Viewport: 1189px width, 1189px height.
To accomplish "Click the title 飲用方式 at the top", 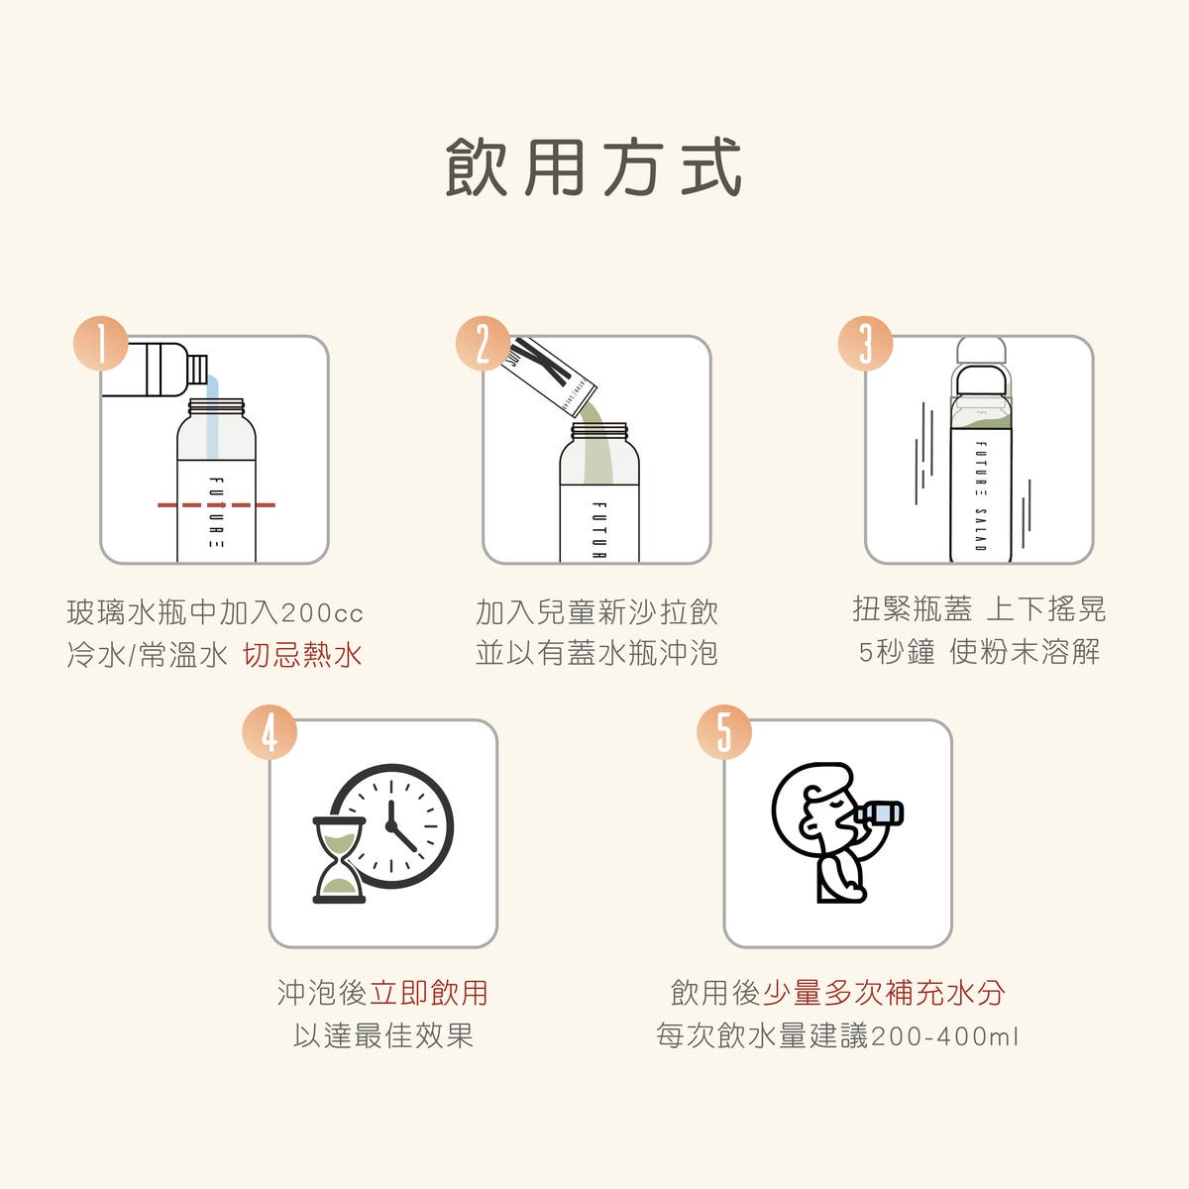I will (594, 167).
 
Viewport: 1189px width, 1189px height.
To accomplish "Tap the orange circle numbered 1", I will (100, 345).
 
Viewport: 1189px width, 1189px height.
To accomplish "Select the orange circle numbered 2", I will (483, 345).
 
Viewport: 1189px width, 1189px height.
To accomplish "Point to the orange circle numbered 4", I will (270, 732).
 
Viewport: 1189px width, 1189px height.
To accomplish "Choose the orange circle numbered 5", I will (724, 732).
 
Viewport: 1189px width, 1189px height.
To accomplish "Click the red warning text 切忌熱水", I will (303, 655).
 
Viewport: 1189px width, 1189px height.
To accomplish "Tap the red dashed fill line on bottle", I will (216, 505).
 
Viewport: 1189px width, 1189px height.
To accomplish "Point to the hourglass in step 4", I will (339, 859).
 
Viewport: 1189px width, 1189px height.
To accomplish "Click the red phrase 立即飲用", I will (428, 993).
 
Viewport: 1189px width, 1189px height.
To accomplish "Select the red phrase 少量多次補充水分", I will (884, 993).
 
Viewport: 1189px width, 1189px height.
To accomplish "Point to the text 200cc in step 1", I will (322, 613).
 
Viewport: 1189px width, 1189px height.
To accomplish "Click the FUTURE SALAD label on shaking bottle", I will (980, 494).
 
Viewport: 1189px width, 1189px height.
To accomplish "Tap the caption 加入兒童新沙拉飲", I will (596, 612).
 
